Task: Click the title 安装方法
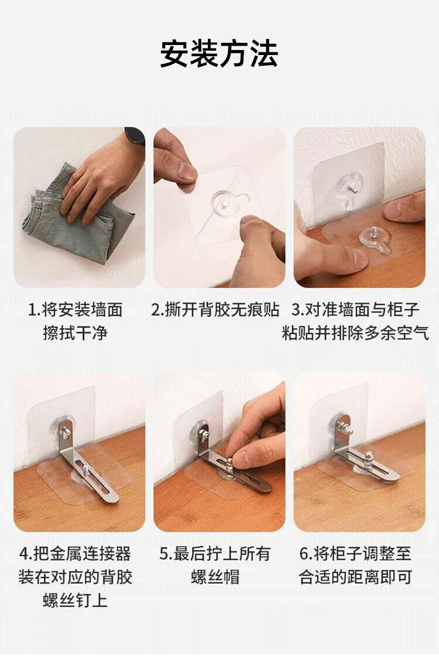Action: pos(219,53)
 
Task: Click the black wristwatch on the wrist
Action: pos(134,136)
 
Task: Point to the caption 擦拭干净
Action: pos(75,334)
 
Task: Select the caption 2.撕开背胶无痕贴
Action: pos(215,310)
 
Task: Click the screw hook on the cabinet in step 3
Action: pos(375,239)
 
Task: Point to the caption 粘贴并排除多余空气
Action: pos(356,334)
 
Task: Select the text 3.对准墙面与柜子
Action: pos(356,310)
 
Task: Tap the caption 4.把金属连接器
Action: pos(75,554)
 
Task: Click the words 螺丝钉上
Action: pos(75,600)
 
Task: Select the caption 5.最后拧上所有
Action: pos(215,554)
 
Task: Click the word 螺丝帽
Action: pos(215,577)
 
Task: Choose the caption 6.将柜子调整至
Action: pos(356,554)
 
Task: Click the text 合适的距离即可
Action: pos(356,577)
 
